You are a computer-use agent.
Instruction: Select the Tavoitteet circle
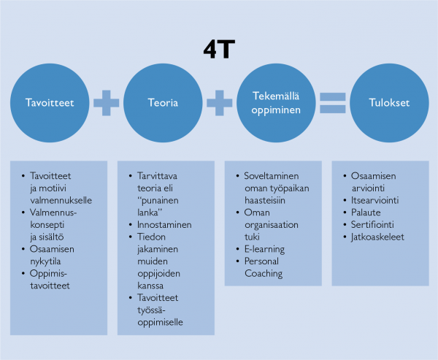click(x=50, y=103)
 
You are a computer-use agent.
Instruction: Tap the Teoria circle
click(x=162, y=103)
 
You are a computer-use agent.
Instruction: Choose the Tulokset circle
click(x=389, y=103)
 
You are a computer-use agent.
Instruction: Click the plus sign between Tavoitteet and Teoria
click(x=107, y=103)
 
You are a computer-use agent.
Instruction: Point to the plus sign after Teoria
click(x=218, y=103)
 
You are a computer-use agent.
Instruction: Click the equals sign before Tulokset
click(x=331, y=103)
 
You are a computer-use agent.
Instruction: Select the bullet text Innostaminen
click(x=164, y=224)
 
